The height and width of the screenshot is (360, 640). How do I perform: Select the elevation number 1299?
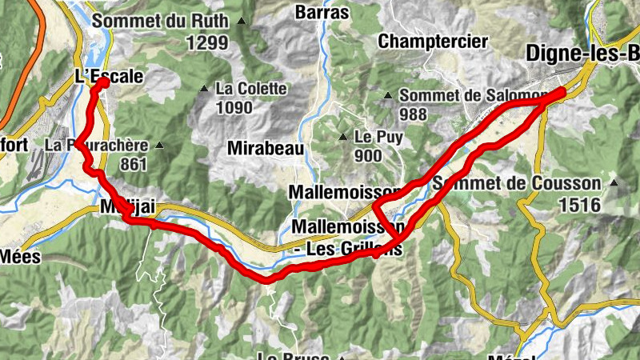click(x=207, y=42)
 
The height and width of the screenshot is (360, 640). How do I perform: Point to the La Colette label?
click(x=250, y=89)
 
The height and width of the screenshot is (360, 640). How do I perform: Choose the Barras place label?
click(x=322, y=12)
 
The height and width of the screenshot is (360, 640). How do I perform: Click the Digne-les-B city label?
click(x=582, y=54)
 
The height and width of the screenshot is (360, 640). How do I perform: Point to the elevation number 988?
click(x=413, y=114)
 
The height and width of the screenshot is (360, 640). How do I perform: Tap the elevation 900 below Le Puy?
click(x=367, y=156)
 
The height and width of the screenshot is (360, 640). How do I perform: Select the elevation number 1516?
click(x=580, y=204)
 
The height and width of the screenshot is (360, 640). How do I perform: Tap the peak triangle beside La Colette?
click(x=206, y=89)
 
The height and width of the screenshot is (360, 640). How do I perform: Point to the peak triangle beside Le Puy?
click(x=344, y=136)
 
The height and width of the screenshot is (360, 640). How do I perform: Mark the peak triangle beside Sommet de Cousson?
click(x=614, y=182)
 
